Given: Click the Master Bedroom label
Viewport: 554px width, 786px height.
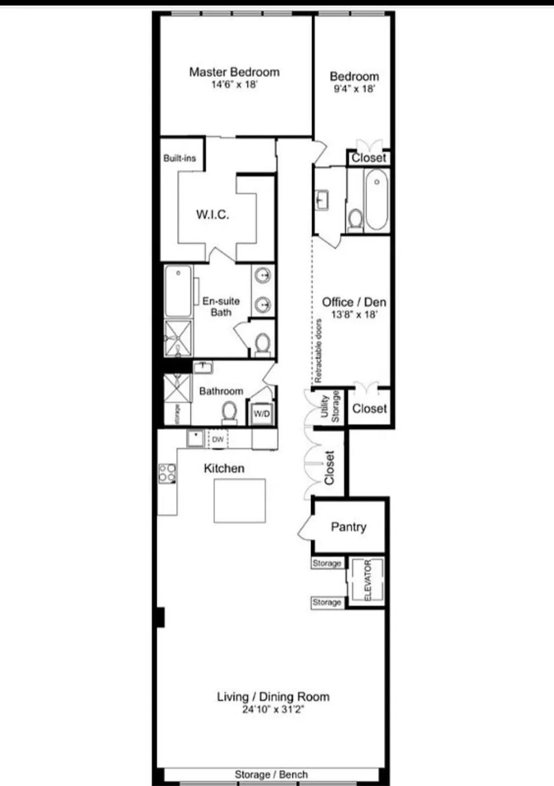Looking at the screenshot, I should [234, 72].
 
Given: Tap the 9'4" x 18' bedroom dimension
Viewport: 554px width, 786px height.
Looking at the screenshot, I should [354, 89].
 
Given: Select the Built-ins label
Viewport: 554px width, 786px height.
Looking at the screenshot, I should [180, 158].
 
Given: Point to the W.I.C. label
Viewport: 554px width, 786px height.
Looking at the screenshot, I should [213, 215].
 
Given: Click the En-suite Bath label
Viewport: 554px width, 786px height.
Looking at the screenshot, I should [221, 307].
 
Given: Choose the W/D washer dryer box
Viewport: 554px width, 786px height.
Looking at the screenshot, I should [262, 414].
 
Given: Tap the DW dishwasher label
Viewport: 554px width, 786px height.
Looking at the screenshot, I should [218, 439].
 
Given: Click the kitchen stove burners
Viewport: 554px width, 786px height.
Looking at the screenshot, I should [167, 473].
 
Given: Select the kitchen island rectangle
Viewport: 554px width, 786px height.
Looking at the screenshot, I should [240, 501].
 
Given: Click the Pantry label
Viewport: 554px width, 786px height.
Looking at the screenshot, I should [348, 527].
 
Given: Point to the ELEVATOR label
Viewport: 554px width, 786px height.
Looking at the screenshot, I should [368, 580].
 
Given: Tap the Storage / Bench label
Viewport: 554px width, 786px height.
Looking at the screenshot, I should [271, 774].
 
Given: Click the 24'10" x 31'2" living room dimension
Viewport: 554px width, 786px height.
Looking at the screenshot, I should [273, 710].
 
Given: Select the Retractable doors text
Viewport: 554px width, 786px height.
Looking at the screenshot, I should [319, 351].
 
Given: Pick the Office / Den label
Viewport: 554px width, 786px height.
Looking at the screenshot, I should [354, 302].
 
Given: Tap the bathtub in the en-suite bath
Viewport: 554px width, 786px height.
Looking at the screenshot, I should [179, 291].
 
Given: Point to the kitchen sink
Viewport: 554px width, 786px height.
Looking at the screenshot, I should [195, 439].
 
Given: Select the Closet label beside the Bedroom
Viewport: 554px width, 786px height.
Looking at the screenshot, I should [369, 158].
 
